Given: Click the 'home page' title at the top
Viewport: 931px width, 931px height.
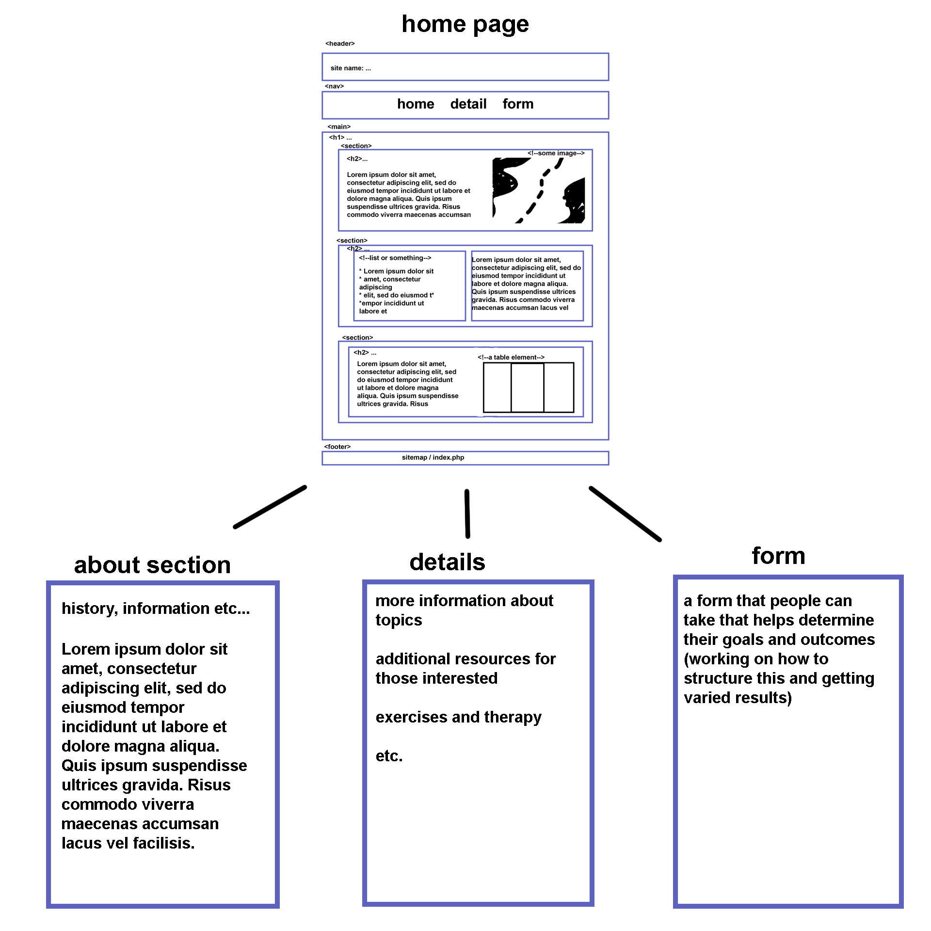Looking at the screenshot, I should pos(465,24).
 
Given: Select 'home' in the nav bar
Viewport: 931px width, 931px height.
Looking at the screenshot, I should pos(416,104).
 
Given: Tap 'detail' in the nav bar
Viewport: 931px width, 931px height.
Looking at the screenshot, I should pos(468,104).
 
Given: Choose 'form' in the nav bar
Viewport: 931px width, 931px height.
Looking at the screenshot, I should pos(518,104).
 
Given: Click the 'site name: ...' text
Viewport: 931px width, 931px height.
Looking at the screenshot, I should pos(351,68).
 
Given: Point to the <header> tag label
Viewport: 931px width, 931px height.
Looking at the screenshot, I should pos(340,44).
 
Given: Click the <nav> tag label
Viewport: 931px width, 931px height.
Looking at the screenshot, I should pos(334,86).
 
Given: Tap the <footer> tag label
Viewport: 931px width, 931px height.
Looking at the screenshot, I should pos(337,447).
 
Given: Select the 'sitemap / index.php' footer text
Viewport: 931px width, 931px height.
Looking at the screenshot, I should pos(433,457).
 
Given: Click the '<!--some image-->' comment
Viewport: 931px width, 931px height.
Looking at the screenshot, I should pos(556,153).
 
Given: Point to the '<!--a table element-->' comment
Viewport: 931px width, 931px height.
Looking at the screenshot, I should pos(511,357).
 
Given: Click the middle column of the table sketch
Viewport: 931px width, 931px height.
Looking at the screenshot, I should pos(527,387).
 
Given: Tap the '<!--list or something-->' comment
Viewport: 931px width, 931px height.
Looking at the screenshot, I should pos(395,258).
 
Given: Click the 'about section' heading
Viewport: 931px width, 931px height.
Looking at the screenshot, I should pos(152,565).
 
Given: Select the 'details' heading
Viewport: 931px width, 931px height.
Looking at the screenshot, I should pos(447,562).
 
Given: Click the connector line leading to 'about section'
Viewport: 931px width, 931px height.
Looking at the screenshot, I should pos(270,507).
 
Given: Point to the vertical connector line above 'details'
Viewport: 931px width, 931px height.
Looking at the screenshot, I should pos(467,514).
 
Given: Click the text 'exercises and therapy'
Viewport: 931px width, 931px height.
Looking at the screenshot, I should pos(458,717).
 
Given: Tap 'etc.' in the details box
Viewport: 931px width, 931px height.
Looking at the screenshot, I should pos(389,756).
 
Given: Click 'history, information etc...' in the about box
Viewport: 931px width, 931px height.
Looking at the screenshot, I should pos(156,609).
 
